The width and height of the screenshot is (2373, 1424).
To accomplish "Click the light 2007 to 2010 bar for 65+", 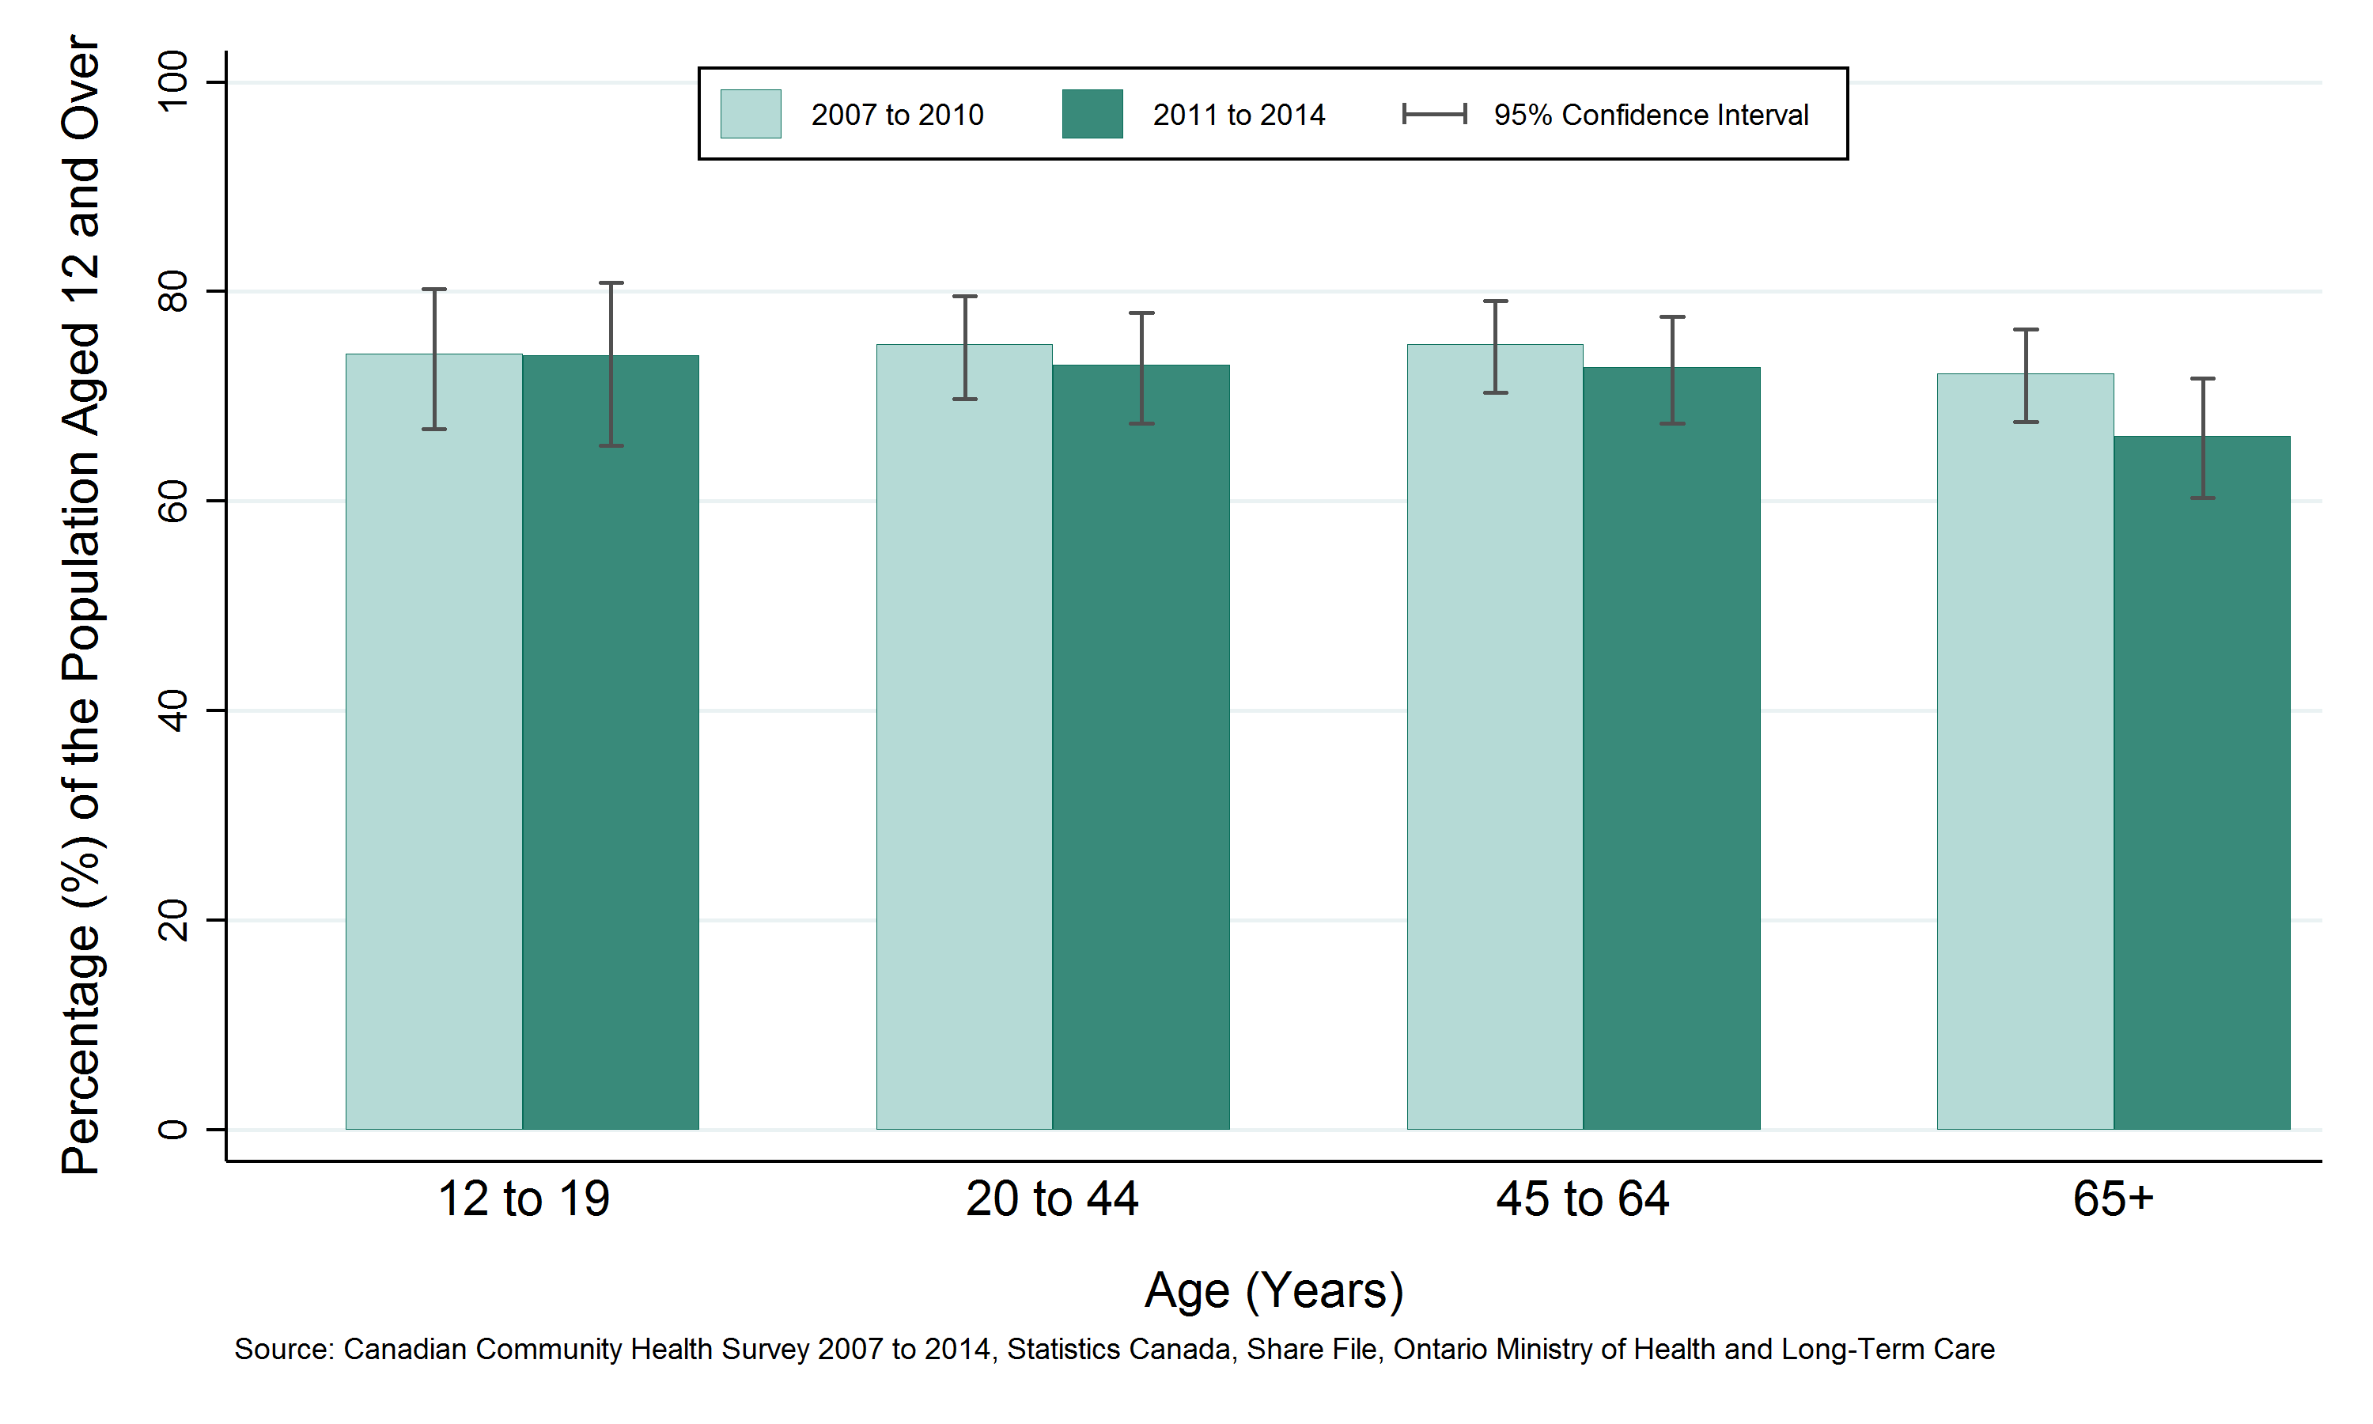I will coord(2025,767).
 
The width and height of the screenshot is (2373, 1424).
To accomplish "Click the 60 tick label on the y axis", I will coord(173,501).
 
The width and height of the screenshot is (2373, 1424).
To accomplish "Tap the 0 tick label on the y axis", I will coord(173,1130).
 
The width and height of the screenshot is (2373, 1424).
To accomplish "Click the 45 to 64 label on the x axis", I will coord(1582,1199).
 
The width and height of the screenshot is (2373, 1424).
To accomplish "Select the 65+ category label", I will coord(2113,1199).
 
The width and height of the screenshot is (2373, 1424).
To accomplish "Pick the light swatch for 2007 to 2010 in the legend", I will coord(750,114).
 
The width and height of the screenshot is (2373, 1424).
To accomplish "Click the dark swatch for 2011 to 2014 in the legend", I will coord(1092,114).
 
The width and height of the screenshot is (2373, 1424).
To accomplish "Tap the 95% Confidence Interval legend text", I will coord(1650,116).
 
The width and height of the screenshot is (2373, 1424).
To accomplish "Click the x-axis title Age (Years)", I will coord(1274,1290).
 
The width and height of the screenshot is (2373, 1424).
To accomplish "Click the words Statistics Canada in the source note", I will coord(1118,1349).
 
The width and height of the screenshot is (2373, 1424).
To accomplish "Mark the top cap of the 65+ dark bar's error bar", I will coord(2202,379).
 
